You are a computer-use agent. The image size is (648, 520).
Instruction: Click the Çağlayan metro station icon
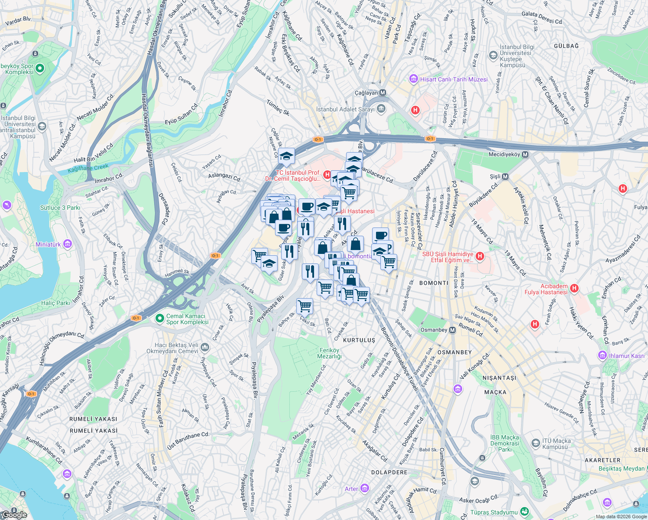[383, 93]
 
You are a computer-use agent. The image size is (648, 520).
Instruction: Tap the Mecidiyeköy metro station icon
[525, 155]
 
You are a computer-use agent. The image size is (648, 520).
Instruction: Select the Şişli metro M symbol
[505, 176]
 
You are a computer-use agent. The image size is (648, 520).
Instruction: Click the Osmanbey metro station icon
[452, 330]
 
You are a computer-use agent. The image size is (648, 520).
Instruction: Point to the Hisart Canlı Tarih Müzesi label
[454, 79]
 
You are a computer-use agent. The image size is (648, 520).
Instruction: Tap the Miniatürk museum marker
[67, 244]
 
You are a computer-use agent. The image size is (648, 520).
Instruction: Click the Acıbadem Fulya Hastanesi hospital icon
[574, 289]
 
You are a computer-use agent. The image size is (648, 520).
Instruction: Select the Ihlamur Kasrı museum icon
[603, 356]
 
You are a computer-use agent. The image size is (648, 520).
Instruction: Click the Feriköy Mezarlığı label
[329, 353]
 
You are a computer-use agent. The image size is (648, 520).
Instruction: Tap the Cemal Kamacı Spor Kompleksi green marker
[160, 318]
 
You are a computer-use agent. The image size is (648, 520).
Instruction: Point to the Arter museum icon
[364, 489]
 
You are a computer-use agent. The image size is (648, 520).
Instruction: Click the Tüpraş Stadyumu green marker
[525, 512]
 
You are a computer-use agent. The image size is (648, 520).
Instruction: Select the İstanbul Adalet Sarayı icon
[381, 109]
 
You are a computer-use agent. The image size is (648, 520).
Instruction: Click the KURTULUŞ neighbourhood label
[359, 340]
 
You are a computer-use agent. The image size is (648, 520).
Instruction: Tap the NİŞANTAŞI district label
[499, 378]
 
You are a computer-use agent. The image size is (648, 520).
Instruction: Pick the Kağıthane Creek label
[88, 168]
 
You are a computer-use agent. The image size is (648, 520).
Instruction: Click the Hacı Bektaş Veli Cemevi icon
[204, 348]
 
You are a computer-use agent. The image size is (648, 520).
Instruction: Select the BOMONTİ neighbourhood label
[434, 283]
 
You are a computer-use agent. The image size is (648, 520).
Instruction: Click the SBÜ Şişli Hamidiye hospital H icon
[480, 257]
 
